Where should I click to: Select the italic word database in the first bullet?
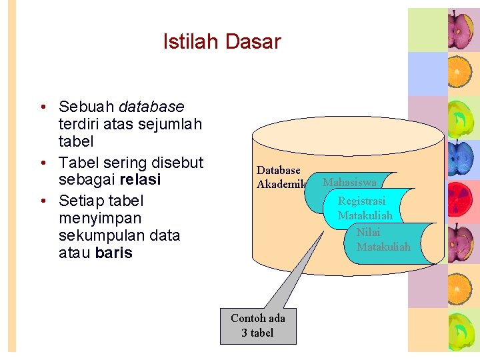tap(151, 107)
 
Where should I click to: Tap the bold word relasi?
tap(141, 180)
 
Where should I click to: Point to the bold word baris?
tap(113, 253)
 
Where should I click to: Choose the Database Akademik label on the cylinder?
tap(280, 177)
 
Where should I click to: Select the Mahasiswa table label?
tap(350, 182)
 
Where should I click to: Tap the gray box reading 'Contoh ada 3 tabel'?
tap(258, 325)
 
